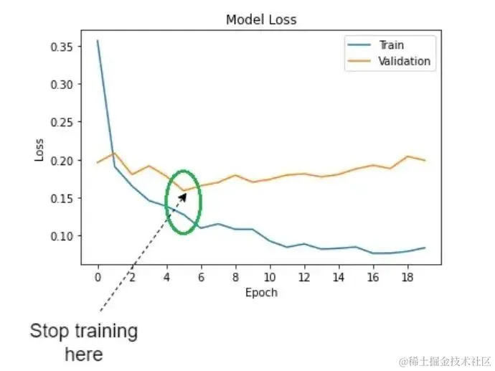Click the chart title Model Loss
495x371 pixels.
point(261,19)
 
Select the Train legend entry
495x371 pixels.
point(391,45)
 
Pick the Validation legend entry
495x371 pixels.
point(404,61)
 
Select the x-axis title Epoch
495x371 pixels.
point(261,293)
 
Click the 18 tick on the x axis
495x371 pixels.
point(407,276)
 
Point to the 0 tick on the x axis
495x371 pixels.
point(98,276)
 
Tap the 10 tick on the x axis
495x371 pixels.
point(270,276)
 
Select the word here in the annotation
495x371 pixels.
point(84,354)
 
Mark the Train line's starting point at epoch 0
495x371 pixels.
point(98,41)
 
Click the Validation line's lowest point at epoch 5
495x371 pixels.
point(184,191)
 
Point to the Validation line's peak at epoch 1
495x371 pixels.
point(115,153)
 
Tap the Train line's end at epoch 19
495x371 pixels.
point(425,248)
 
